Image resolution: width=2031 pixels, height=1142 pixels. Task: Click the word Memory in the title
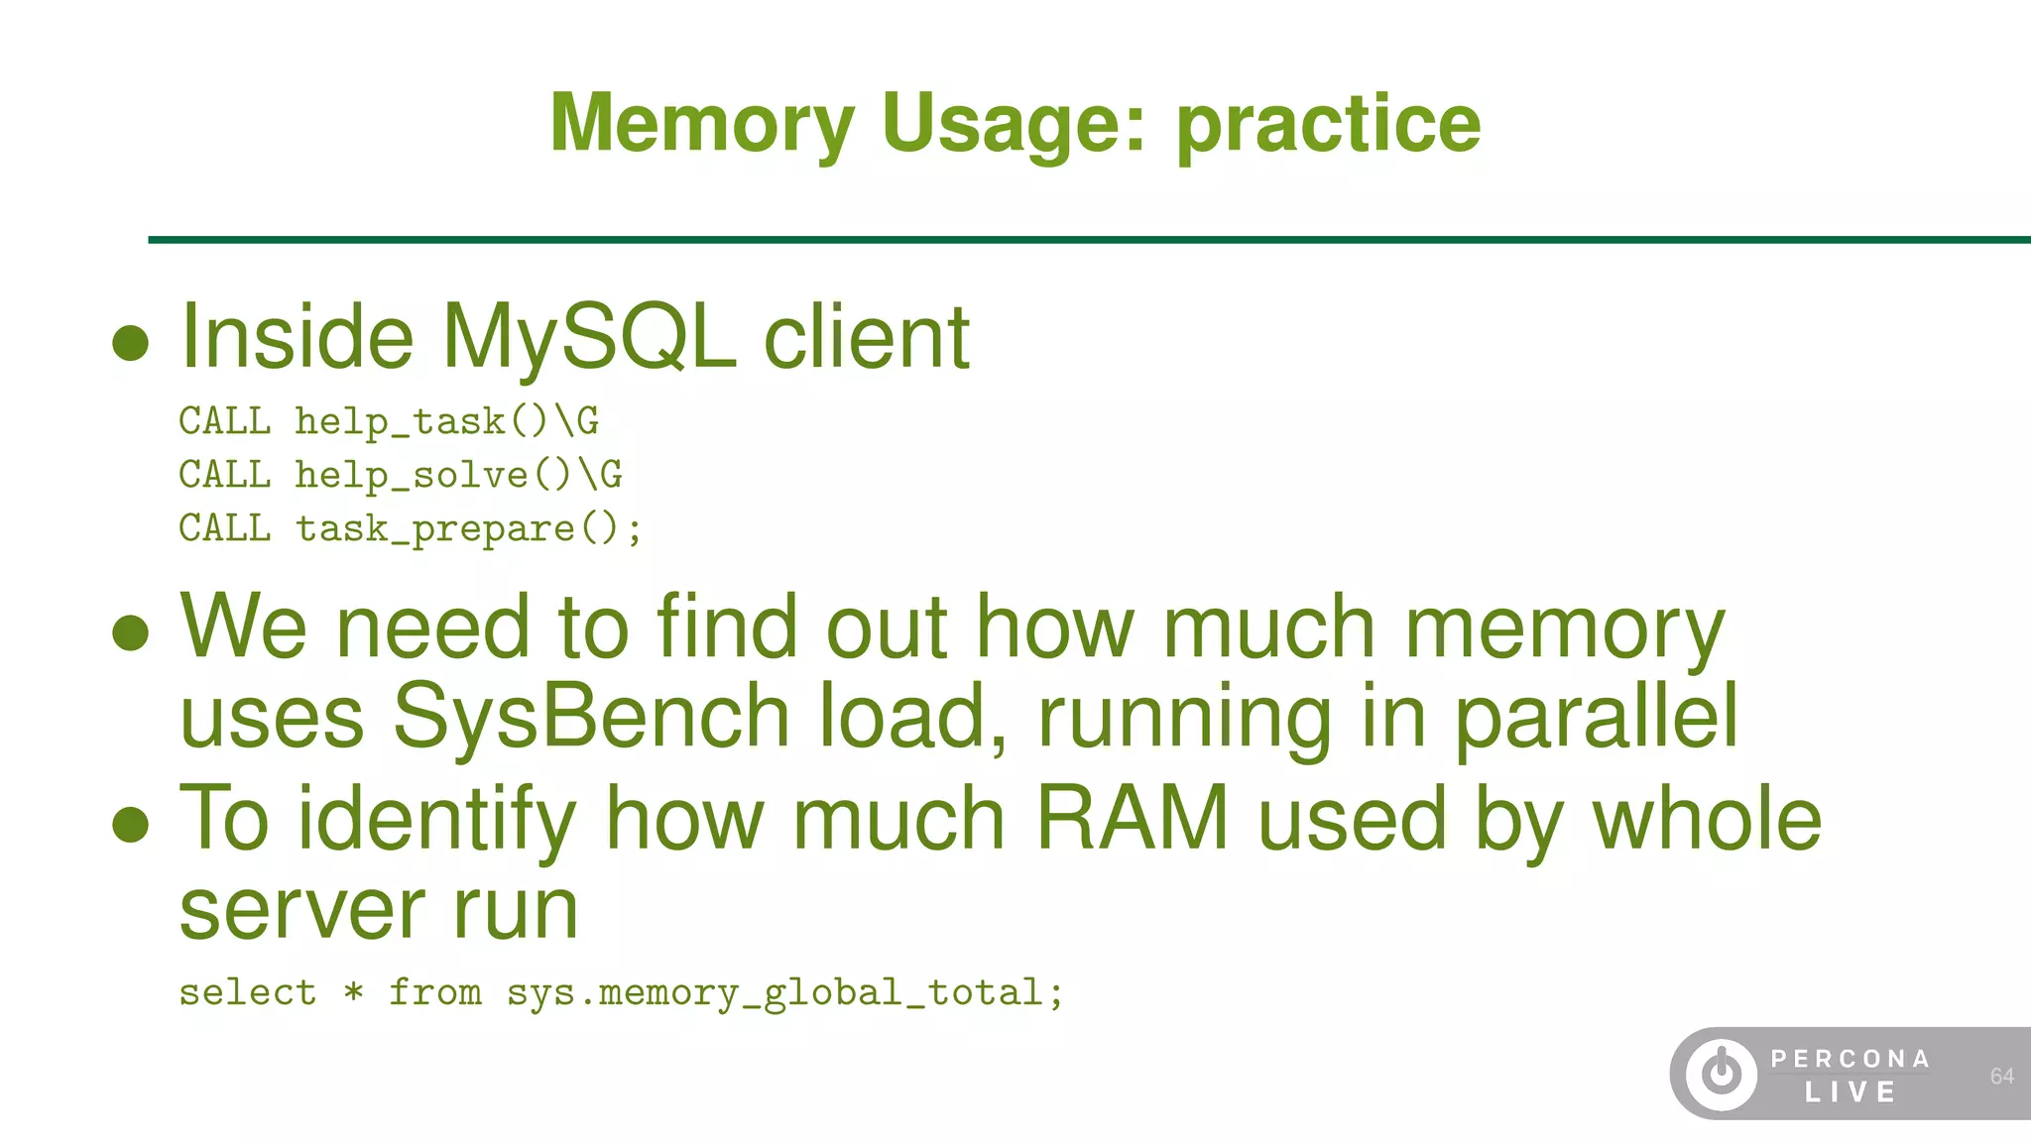tap(701, 123)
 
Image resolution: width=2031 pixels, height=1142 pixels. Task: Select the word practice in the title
tap(1328, 125)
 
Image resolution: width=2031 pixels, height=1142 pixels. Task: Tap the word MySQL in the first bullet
tap(588, 337)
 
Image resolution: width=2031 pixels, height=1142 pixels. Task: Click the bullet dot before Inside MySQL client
tap(131, 344)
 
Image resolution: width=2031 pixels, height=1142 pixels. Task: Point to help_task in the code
tap(401, 422)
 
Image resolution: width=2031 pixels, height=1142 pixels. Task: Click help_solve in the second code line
tap(413, 476)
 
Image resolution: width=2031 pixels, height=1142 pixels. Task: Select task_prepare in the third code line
tap(435, 529)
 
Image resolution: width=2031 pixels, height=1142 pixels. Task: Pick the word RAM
tap(1132, 819)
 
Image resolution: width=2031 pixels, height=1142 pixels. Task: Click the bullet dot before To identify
tap(131, 824)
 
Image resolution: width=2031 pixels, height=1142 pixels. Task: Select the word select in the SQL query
tap(248, 992)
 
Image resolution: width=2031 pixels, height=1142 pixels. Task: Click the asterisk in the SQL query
tap(353, 991)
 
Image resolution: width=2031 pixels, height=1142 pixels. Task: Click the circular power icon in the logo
tap(1722, 1074)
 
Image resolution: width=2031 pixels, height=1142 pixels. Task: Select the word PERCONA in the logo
tap(1851, 1059)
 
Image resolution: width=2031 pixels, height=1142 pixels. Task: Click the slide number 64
tap(2001, 1077)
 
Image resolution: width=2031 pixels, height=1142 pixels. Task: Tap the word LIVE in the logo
tap(1851, 1092)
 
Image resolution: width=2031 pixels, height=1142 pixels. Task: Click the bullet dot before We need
tap(131, 632)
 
